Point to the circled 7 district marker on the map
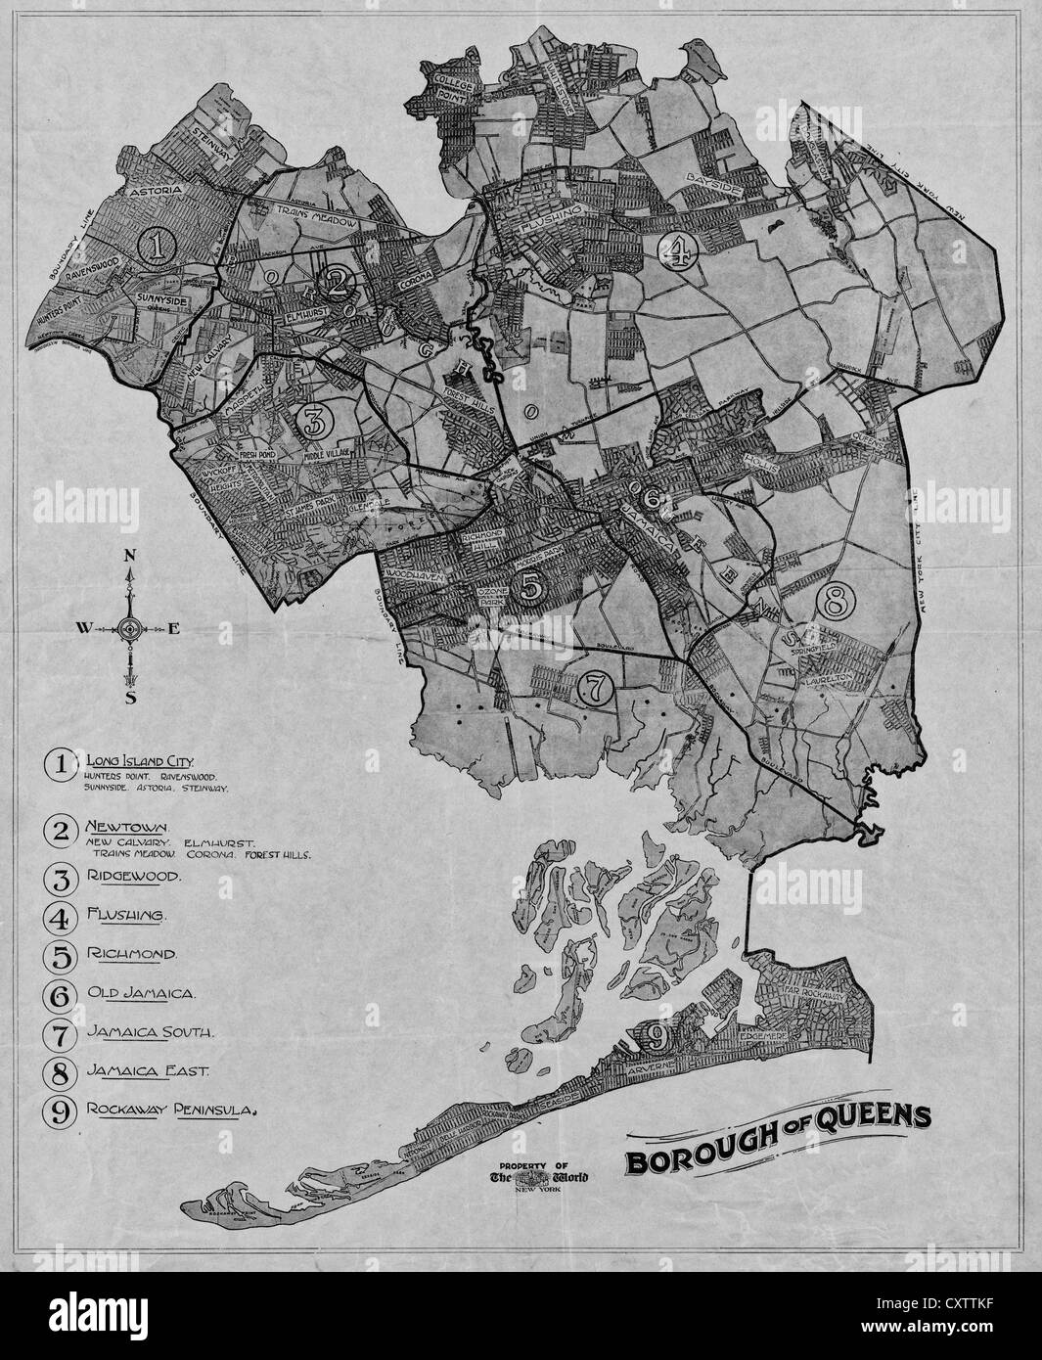point(596,689)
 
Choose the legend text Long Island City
point(141,760)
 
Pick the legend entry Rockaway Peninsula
point(171,1110)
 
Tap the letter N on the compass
point(129,556)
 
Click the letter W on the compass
point(81,628)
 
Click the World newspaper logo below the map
point(539,1177)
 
